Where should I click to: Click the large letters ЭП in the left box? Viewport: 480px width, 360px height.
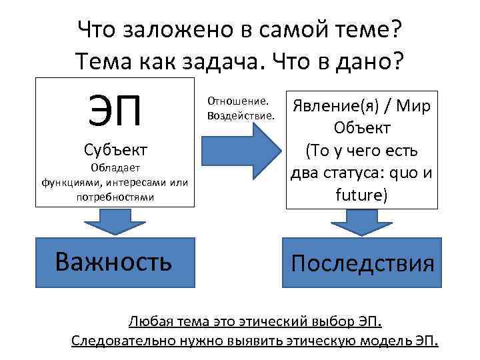click(115, 110)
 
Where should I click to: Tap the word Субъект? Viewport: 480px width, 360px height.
click(116, 148)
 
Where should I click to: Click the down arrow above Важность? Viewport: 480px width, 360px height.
click(117, 221)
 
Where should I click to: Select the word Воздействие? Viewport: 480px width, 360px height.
click(241, 115)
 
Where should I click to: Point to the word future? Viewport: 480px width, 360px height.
click(359, 196)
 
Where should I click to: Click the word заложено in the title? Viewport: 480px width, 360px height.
click(169, 29)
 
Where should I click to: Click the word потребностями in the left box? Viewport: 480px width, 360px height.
click(115, 197)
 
